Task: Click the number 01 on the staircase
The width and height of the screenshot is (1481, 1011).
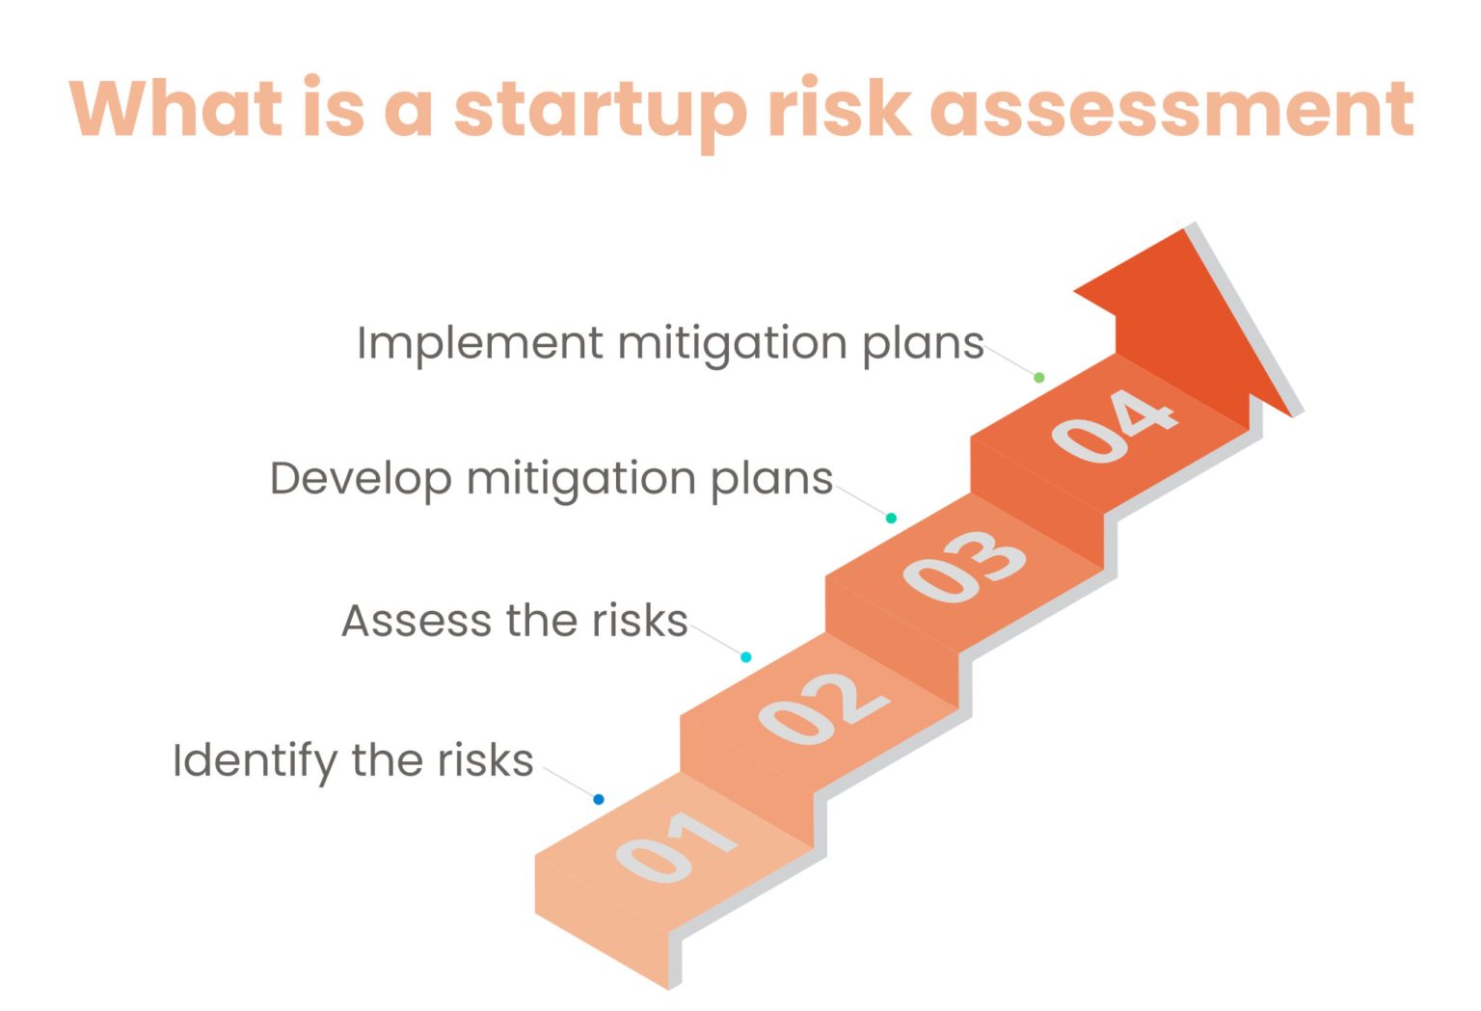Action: [x=676, y=845]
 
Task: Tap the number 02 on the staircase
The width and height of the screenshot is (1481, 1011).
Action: [x=823, y=707]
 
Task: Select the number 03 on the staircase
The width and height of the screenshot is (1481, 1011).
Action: [x=964, y=566]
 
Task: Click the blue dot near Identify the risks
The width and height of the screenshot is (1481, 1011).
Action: [x=599, y=799]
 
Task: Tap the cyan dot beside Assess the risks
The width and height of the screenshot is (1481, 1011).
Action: [x=746, y=657]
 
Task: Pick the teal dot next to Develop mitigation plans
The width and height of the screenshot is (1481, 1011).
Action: [x=892, y=519]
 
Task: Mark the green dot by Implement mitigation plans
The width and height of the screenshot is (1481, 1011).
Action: [x=1039, y=378]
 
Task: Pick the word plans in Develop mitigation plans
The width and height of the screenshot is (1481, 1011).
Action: [x=771, y=479]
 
